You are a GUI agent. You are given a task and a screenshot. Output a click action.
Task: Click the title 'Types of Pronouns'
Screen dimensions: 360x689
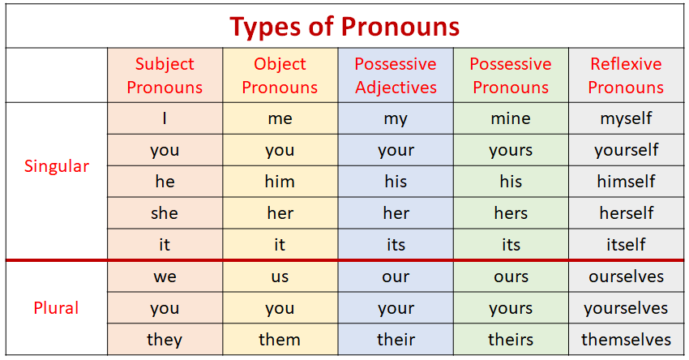[x=344, y=27]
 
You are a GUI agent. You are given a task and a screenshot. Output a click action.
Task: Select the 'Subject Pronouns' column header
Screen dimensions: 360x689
[x=165, y=75]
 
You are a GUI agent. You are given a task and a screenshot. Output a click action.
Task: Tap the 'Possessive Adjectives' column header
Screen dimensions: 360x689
[x=396, y=75]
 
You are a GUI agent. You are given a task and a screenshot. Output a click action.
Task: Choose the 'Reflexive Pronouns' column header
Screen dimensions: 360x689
[x=626, y=75]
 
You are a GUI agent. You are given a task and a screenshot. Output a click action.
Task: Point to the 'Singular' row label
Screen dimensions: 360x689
[x=57, y=167]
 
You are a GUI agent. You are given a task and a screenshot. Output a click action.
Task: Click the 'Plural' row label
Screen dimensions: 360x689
[x=57, y=308]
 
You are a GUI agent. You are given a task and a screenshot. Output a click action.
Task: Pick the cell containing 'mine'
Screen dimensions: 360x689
[x=511, y=118]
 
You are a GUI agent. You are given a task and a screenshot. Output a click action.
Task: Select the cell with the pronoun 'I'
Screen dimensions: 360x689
[x=165, y=118]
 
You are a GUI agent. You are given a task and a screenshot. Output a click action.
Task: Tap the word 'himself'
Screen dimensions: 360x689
[x=626, y=182]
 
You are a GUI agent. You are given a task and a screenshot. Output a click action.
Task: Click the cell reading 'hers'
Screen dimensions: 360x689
[x=511, y=213]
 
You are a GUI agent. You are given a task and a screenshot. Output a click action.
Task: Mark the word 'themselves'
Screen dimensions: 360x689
[x=626, y=340]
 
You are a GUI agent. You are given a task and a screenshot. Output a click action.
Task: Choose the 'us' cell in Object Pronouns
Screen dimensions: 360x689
[x=280, y=276]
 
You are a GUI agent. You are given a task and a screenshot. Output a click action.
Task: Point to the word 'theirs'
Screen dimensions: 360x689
[x=511, y=340]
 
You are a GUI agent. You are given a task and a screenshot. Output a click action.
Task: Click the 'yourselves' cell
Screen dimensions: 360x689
[x=626, y=308]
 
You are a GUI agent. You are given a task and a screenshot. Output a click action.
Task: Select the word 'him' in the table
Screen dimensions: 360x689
[x=280, y=182]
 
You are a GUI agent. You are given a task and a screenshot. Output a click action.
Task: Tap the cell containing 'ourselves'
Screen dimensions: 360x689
[x=626, y=276]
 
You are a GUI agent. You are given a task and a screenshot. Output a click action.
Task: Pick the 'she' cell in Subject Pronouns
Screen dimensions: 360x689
[x=165, y=213]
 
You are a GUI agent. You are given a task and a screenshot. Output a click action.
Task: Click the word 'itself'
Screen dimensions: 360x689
[x=626, y=244]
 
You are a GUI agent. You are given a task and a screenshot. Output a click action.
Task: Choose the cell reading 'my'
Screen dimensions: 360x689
[x=396, y=118]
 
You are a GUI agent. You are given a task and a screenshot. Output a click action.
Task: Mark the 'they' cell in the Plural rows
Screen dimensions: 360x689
[x=165, y=340]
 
